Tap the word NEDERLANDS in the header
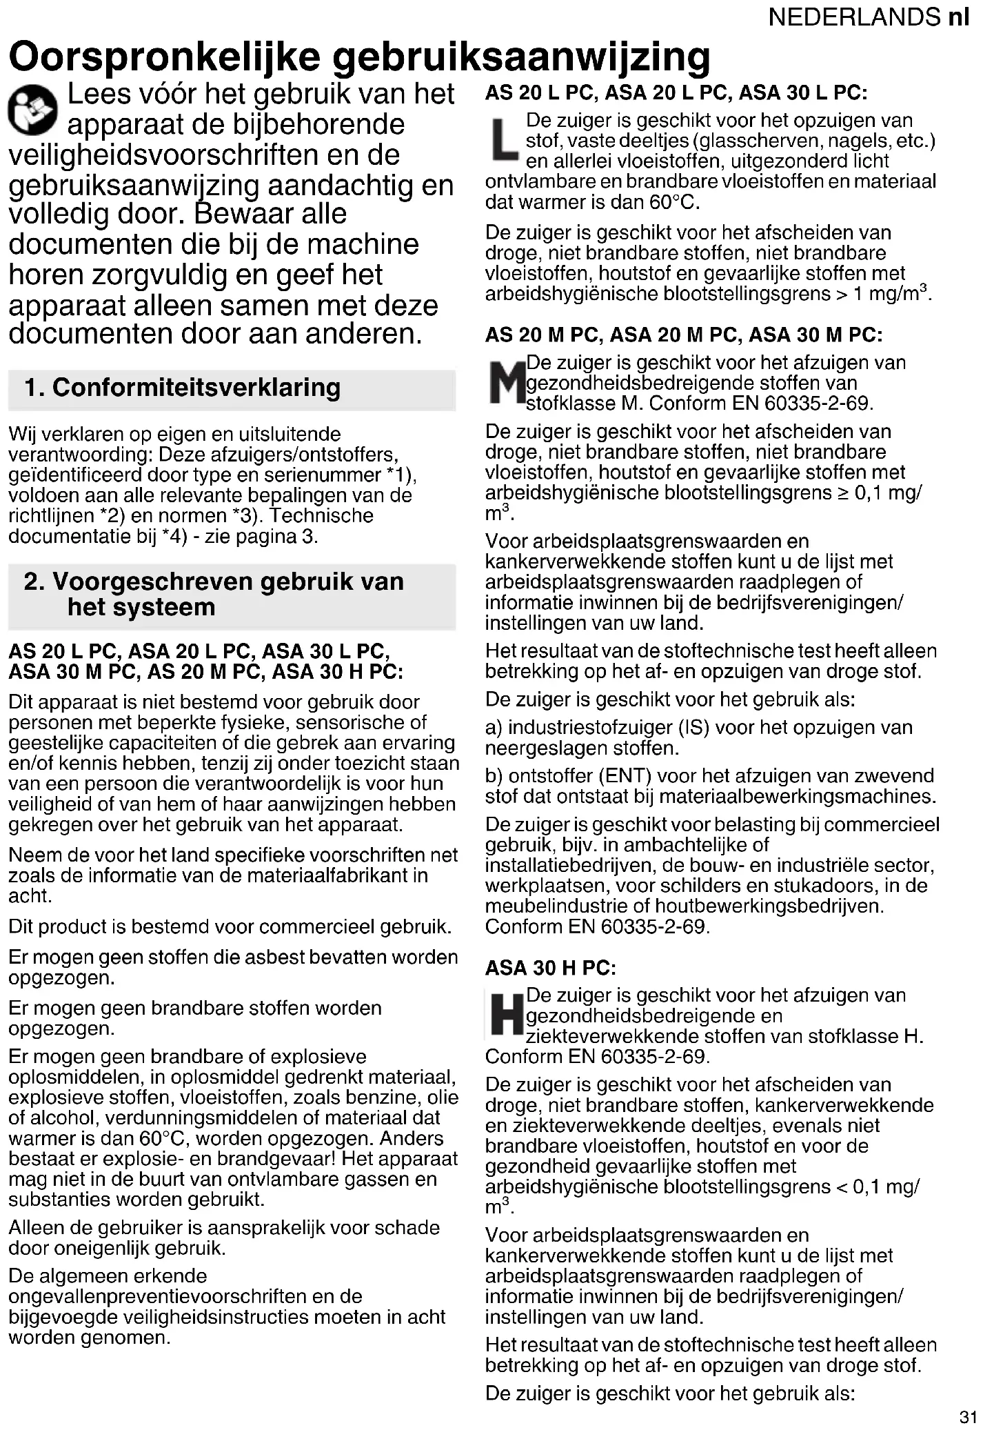(854, 17)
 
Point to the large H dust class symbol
(506, 1015)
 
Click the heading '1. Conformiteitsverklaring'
(182, 388)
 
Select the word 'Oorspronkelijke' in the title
(165, 57)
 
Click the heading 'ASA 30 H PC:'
(550, 968)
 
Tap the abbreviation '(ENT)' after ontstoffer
(625, 776)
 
